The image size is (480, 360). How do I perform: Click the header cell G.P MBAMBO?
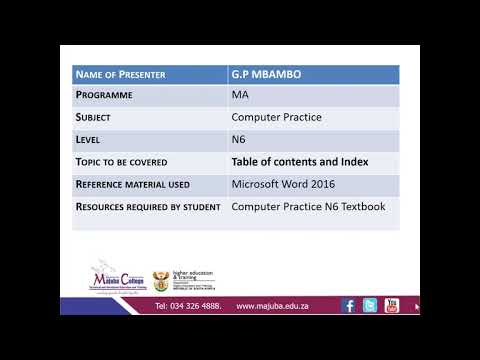pyautogui.click(x=265, y=75)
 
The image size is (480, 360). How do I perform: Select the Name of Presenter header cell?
pyautogui.click(x=120, y=75)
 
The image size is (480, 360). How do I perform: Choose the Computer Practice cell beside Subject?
pyautogui.click(x=277, y=118)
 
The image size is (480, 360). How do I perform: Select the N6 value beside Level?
pyautogui.click(x=239, y=140)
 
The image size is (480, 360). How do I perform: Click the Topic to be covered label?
pyautogui.click(x=122, y=162)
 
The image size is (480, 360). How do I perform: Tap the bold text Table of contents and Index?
pyautogui.click(x=300, y=162)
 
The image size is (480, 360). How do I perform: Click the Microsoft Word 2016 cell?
pyautogui.click(x=283, y=184)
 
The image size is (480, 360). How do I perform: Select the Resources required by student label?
pyautogui.click(x=147, y=207)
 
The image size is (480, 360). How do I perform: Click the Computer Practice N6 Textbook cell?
pyautogui.click(x=307, y=207)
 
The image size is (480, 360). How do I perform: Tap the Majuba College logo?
pyautogui.click(x=118, y=277)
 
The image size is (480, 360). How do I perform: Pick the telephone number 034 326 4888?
pyautogui.click(x=188, y=306)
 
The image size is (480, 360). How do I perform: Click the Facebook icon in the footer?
pyautogui.click(x=349, y=305)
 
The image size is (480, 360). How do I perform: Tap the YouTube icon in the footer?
pyautogui.click(x=392, y=305)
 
